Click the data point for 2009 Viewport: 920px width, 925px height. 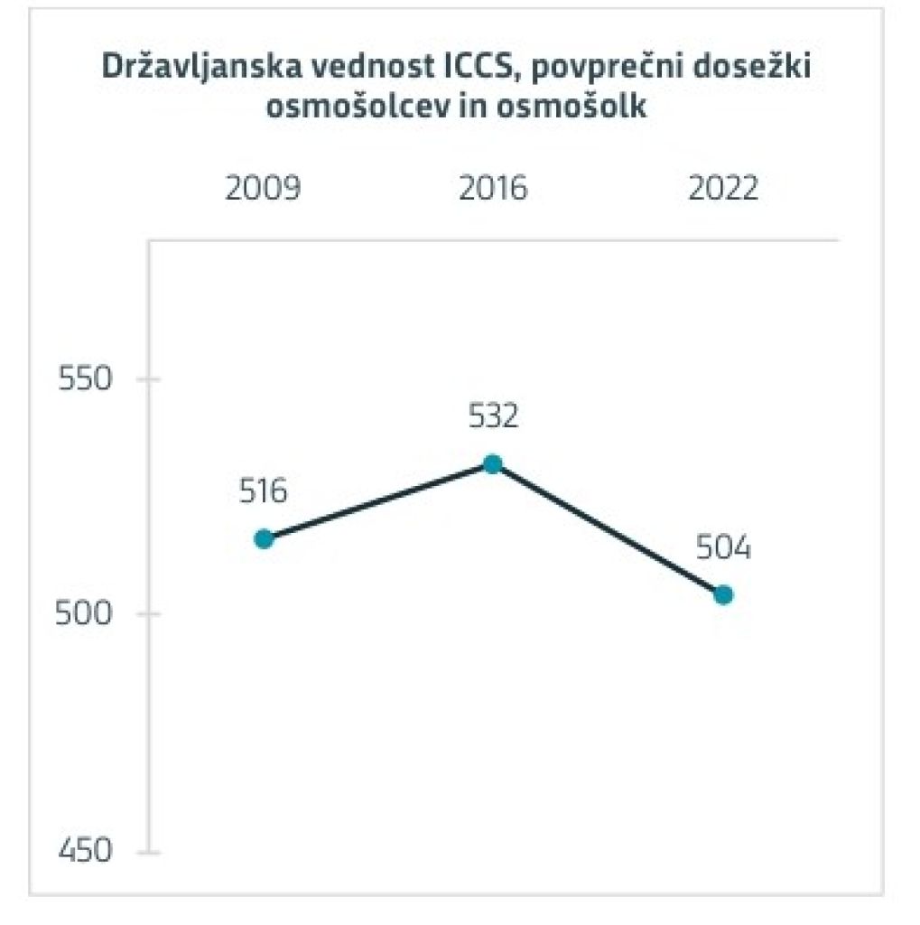264,539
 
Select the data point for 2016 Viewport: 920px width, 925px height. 492,464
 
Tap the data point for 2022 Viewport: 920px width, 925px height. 722,595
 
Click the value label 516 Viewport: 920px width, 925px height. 263,492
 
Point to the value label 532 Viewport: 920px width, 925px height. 493,417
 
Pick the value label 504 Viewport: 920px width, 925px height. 723,548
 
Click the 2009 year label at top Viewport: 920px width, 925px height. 263,191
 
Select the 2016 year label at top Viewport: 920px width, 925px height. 493,191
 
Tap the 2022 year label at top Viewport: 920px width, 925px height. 722,191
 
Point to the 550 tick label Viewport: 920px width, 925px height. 85,378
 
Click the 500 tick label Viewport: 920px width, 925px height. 85,614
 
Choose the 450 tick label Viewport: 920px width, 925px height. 85,850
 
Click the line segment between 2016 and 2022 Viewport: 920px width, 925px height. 608,530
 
